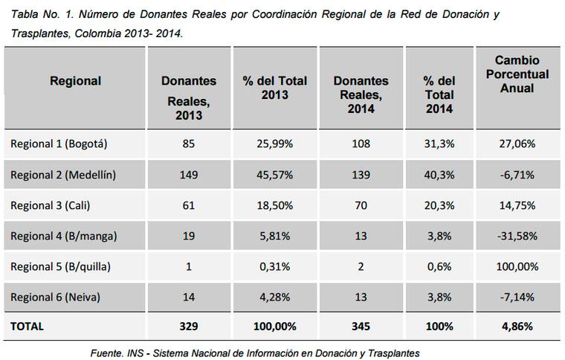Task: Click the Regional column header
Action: pos(75,80)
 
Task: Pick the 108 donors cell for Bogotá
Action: pos(361,144)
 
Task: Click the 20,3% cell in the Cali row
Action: pos(439,205)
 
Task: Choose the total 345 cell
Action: pos(361,326)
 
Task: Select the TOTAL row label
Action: pos(28,326)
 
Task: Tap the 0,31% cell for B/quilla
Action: pos(274,266)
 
